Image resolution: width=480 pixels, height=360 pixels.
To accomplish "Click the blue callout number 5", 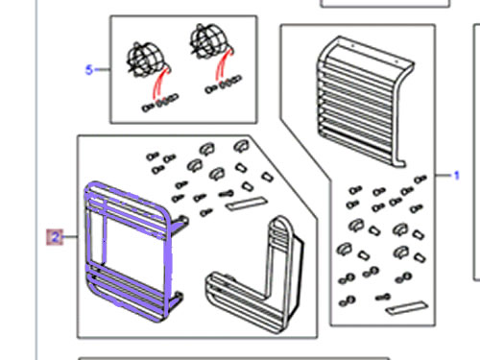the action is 89,70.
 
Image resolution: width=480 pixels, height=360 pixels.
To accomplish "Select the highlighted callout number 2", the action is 55,237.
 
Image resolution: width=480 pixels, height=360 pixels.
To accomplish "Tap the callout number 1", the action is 457,176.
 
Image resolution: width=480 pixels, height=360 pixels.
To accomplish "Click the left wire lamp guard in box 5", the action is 144,60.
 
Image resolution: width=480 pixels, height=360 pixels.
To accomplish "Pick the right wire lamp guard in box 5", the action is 207,41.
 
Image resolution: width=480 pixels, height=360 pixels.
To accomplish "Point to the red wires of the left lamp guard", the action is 159,84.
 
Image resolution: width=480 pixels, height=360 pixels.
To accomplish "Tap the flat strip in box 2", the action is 247,204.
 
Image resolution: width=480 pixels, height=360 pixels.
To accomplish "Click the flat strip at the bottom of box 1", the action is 407,308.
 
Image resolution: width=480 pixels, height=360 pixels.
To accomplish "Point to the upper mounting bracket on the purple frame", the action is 180,223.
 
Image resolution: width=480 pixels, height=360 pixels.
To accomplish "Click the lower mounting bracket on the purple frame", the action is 177,300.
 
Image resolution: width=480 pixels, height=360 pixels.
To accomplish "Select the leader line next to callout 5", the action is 102,69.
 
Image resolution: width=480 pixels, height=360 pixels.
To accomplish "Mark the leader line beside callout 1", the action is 444,176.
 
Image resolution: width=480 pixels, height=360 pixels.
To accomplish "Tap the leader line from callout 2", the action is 70,237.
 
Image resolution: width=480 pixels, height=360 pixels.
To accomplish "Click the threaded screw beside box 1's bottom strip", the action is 383,298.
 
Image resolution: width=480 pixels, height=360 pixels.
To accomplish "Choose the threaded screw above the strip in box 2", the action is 227,194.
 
